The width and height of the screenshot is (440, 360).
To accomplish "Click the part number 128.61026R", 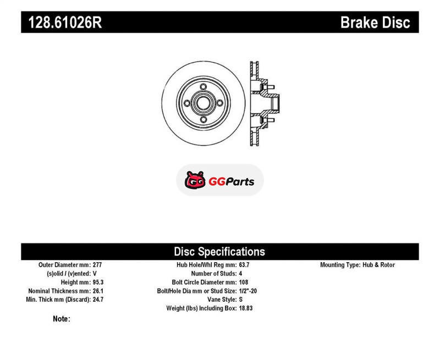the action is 65,23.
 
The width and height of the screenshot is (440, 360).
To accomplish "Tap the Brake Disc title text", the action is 375,23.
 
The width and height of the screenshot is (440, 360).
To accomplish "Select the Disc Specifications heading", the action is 219,252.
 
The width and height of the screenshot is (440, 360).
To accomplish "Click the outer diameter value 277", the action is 97,265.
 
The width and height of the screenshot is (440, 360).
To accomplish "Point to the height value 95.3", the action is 98,282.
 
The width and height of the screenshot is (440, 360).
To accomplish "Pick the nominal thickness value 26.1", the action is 98,291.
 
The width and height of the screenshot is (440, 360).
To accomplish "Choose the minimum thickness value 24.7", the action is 98,300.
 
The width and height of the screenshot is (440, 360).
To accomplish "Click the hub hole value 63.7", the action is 244,265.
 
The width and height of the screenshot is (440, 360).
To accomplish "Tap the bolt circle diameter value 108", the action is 244,282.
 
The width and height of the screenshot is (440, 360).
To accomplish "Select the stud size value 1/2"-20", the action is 248,291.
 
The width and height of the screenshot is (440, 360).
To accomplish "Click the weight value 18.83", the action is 246,308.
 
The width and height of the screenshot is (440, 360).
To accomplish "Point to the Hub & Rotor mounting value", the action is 378,265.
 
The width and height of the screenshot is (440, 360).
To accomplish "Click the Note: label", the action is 62,319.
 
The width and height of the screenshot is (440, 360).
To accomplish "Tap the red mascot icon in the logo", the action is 195,180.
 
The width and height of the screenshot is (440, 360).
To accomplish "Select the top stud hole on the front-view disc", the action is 204,87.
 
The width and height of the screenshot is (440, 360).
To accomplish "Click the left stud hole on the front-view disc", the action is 187,103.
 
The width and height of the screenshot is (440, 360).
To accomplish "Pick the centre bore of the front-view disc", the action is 203,103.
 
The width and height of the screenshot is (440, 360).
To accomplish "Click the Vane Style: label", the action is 222,300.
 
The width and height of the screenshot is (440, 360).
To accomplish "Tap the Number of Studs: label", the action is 214,273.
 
